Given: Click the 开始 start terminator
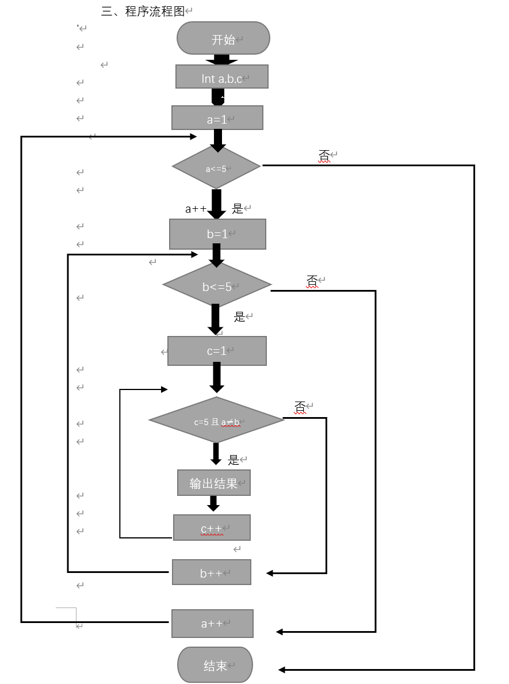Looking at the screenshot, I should pyautogui.click(x=223, y=39).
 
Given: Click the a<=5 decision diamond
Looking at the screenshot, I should pyautogui.click(x=216, y=167).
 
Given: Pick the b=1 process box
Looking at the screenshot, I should pyautogui.click(x=217, y=234).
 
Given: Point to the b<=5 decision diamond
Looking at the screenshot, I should pyautogui.click(x=217, y=285).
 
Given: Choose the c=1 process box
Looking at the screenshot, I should pyautogui.click(x=217, y=351).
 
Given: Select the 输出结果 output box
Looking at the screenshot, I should pyautogui.click(x=214, y=483).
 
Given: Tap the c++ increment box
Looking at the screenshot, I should pyautogui.click(x=212, y=528).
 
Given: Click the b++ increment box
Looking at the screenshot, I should pyautogui.click(x=212, y=572).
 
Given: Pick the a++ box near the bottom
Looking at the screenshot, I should pyautogui.click(x=212, y=624).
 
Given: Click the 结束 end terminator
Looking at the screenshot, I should pyautogui.click(x=215, y=665).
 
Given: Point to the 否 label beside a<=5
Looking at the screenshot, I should pyautogui.click(x=324, y=155).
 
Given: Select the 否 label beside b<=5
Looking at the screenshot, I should pyautogui.click(x=312, y=281).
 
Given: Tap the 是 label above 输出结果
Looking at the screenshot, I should pyautogui.click(x=234, y=460).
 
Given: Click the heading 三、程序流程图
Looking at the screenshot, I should pyautogui.click(x=143, y=11).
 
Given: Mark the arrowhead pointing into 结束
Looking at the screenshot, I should pyautogui.click(x=282, y=670).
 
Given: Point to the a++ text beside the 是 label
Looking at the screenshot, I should pyautogui.click(x=196, y=209).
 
